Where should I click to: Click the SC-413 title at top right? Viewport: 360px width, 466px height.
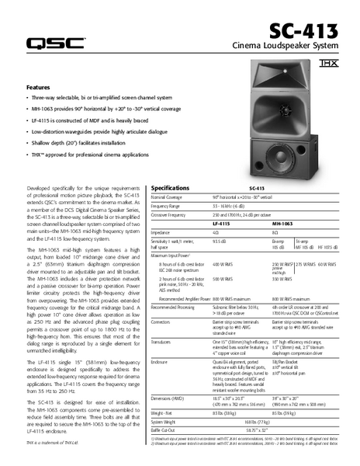coord(304,32)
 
